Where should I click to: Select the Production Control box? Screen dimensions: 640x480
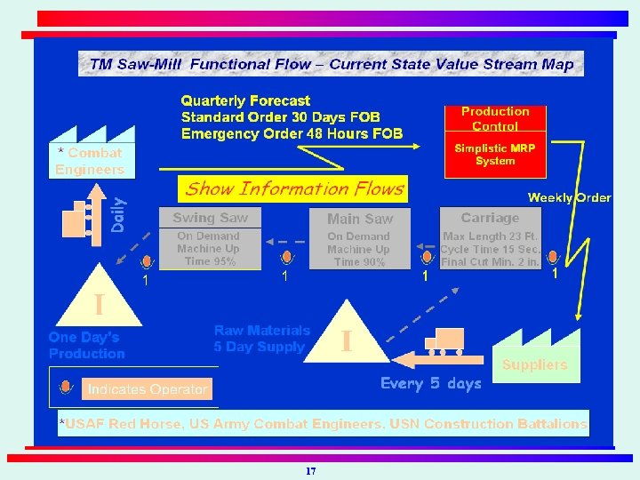pyautogui.click(x=495, y=118)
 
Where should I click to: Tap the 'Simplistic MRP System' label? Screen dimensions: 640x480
pyautogui.click(x=495, y=155)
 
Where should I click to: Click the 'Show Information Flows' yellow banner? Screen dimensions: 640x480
pyautogui.click(x=294, y=188)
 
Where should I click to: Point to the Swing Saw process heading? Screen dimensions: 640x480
pyautogui.click(x=211, y=219)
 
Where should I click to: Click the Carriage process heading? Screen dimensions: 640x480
pyautogui.click(x=490, y=219)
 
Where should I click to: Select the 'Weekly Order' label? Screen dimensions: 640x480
pyautogui.click(x=569, y=197)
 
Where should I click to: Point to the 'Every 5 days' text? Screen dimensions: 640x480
pyautogui.click(x=431, y=383)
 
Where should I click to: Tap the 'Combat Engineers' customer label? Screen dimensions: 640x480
pyautogui.click(x=90, y=162)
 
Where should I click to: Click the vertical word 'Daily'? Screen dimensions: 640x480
pyautogui.click(x=119, y=214)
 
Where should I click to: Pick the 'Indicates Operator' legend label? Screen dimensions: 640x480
pyautogui.click(x=147, y=389)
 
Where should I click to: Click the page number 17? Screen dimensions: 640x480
pyautogui.click(x=310, y=470)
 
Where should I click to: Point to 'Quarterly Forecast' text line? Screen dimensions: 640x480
pyautogui.click(x=246, y=101)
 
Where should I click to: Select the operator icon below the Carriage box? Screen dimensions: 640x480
pyautogui.click(x=553, y=257)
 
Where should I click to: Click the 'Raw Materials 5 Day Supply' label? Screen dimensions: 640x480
pyautogui.click(x=261, y=339)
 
